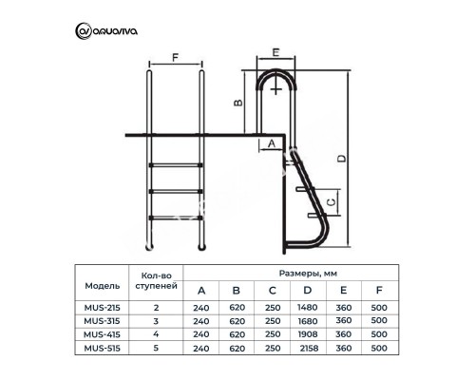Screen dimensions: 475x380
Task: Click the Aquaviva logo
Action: click(x=106, y=31)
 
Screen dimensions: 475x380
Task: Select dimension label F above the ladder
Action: click(x=175, y=58)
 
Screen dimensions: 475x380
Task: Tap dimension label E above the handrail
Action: click(x=276, y=52)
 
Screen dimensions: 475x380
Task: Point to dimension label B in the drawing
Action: click(x=238, y=103)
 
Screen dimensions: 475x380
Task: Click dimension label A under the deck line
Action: click(x=272, y=143)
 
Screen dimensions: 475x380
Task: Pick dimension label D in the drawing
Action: click(x=341, y=158)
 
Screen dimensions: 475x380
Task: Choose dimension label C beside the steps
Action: click(x=331, y=201)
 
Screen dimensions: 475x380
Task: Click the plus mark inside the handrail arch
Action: click(x=276, y=89)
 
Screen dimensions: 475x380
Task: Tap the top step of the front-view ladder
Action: click(x=176, y=165)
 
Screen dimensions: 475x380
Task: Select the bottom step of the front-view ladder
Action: click(x=176, y=218)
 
